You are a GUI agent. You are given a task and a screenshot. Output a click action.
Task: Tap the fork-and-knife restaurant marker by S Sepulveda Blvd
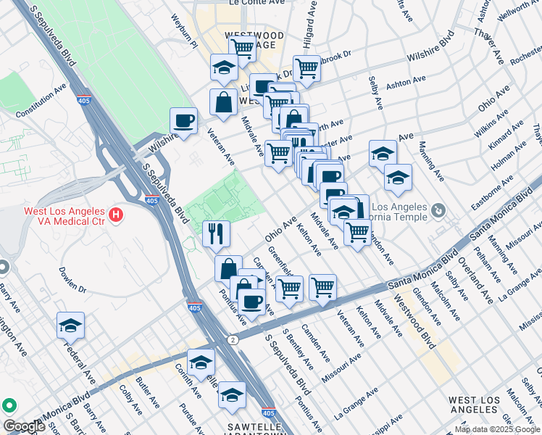tap(217, 233)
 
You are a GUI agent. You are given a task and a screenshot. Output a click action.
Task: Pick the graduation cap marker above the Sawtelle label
tap(232, 395)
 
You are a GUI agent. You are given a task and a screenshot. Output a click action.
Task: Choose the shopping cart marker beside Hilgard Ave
tap(307, 69)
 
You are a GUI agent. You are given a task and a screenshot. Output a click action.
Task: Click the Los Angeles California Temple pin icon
tap(438, 211)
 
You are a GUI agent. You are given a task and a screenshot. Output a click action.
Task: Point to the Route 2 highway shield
tap(232, 339)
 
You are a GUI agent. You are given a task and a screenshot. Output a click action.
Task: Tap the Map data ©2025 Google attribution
tap(497, 429)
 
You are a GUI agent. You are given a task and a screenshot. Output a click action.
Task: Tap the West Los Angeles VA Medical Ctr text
tap(62, 216)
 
